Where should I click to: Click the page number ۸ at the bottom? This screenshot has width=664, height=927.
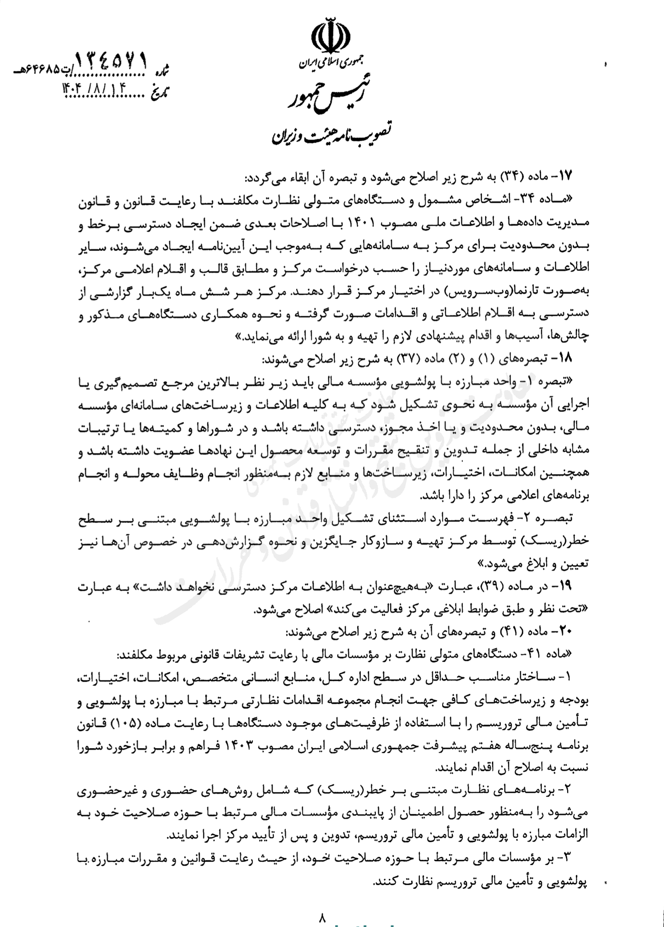(x=322, y=917)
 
